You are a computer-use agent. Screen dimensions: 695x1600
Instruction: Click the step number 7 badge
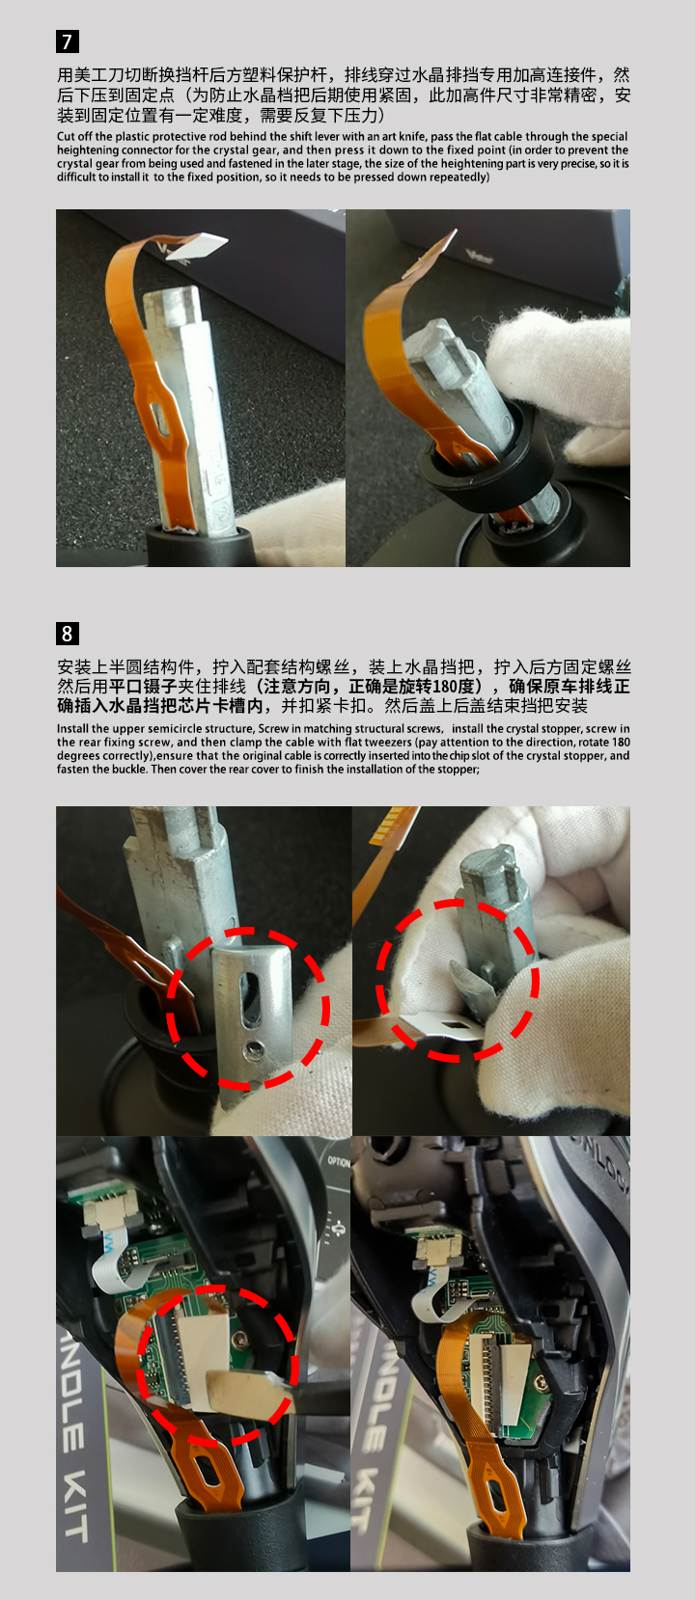[x=68, y=41]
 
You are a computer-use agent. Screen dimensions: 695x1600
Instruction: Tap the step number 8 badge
[x=68, y=634]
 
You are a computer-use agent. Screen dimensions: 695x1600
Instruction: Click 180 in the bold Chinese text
[x=442, y=687]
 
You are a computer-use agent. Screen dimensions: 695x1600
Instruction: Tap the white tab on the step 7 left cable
[x=198, y=247]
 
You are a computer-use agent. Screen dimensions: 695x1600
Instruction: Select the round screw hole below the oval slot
[x=253, y=1049]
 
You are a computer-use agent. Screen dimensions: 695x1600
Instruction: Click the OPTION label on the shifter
[x=339, y=1161]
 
